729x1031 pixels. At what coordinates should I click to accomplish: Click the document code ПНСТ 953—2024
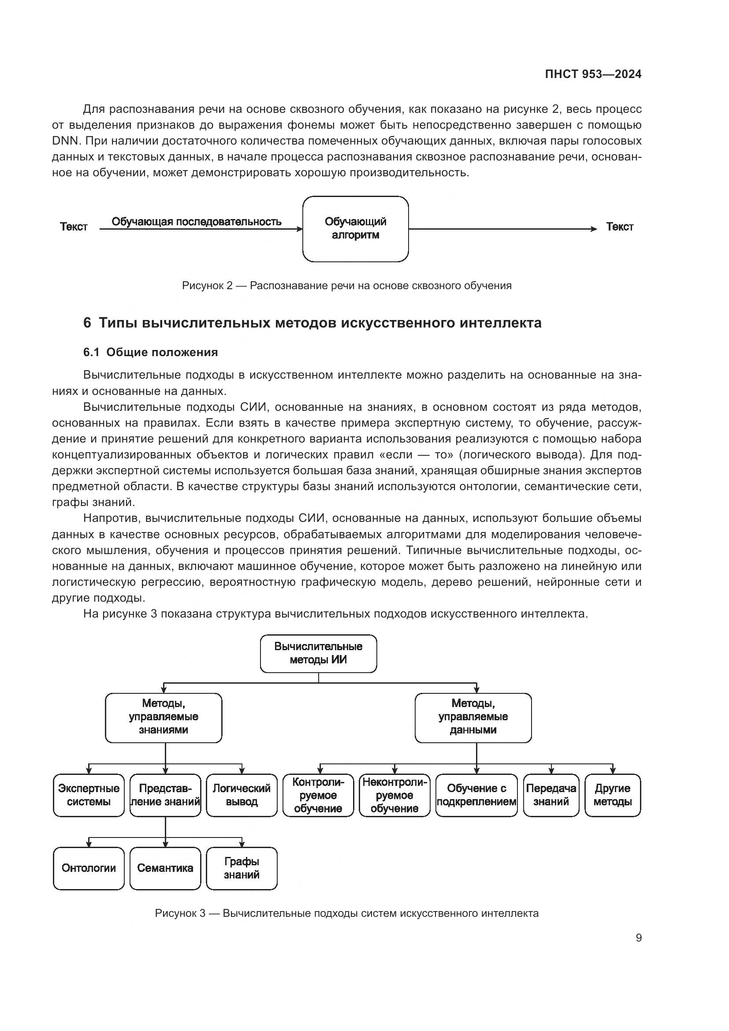click(593, 74)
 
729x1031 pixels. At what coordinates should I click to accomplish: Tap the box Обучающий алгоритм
click(356, 229)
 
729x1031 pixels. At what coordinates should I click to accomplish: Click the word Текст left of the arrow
click(74, 227)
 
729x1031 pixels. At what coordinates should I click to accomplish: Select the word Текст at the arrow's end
click(619, 227)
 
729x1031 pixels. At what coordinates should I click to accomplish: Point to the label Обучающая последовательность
click(197, 222)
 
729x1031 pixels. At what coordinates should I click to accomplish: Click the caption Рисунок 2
click(346, 286)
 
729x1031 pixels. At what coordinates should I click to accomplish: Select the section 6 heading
click(312, 323)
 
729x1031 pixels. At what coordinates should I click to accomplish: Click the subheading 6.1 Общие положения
click(150, 353)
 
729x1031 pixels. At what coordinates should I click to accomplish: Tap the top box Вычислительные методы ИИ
click(318, 653)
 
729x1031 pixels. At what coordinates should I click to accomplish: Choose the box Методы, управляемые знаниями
click(164, 717)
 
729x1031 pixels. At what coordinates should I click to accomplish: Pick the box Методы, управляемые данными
click(473, 717)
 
